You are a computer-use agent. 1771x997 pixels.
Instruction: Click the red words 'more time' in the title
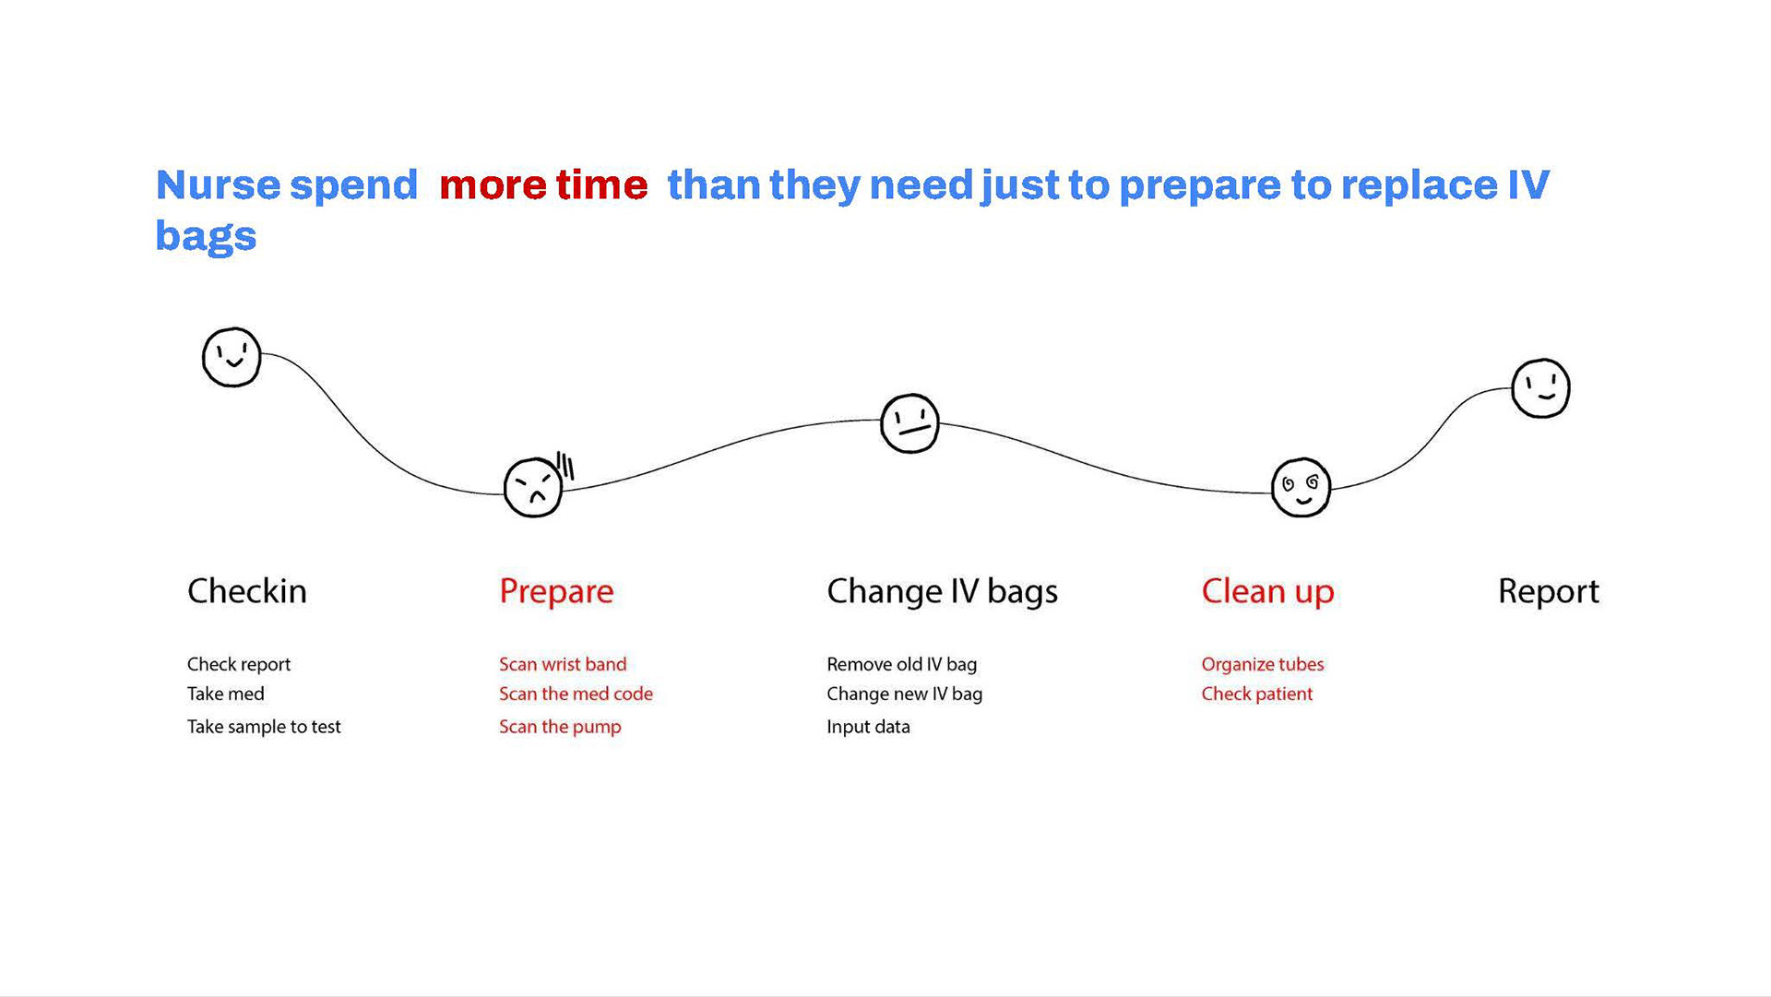pyautogui.click(x=543, y=185)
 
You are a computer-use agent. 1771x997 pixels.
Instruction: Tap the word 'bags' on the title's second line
pyautogui.click(x=206, y=237)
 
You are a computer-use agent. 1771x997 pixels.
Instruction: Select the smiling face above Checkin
pyautogui.click(x=232, y=357)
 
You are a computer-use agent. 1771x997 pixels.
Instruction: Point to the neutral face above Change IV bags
pyautogui.click(x=909, y=423)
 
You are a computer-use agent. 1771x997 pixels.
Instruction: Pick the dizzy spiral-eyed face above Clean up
pyautogui.click(x=1301, y=487)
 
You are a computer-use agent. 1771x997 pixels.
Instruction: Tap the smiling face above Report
pyautogui.click(x=1540, y=388)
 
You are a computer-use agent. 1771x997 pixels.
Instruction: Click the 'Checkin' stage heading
pyautogui.click(x=247, y=591)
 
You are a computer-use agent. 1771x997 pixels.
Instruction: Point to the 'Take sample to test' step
pyautogui.click(x=264, y=727)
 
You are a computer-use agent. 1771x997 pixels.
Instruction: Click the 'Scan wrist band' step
pyautogui.click(x=563, y=664)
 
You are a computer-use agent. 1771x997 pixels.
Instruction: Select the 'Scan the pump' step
pyautogui.click(x=560, y=727)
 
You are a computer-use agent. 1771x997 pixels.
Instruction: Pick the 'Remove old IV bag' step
pyautogui.click(x=901, y=664)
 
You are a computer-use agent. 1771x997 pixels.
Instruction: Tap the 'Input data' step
pyautogui.click(x=868, y=727)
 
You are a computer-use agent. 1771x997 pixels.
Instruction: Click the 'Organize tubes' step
pyautogui.click(x=1262, y=664)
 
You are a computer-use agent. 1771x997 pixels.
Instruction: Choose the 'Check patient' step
pyautogui.click(x=1256, y=694)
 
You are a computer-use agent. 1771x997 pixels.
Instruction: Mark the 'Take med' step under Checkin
pyautogui.click(x=225, y=694)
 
